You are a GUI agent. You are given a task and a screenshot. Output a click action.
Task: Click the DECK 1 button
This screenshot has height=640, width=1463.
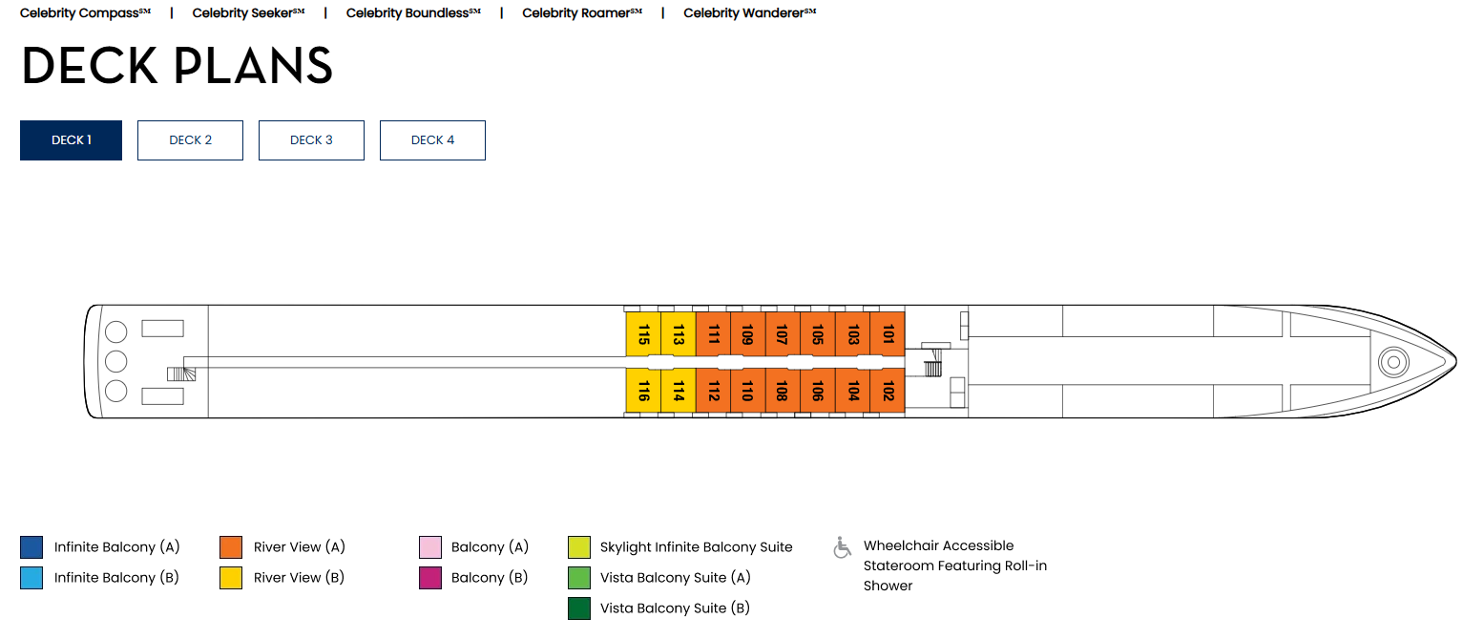point(71,140)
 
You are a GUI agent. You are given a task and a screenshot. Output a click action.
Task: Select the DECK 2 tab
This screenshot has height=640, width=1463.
point(190,140)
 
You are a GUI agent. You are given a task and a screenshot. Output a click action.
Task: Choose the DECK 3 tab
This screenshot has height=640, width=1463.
point(311,140)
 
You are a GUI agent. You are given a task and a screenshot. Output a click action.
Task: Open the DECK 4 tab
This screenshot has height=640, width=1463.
point(432,140)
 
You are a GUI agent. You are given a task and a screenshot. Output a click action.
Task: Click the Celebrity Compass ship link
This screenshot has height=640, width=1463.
point(85,13)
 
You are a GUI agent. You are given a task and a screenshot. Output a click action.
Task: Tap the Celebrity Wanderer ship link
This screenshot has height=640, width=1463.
point(749,13)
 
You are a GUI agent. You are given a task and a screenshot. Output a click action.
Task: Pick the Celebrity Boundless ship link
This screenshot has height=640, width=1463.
point(413,13)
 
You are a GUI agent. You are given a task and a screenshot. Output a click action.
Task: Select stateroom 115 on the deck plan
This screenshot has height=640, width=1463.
point(643,334)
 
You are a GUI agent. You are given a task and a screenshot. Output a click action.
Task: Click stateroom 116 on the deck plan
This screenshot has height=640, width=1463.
point(643,391)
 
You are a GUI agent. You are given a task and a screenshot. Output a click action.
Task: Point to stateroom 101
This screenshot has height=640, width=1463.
point(888,334)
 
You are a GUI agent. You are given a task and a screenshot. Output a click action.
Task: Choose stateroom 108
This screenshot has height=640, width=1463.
point(782,391)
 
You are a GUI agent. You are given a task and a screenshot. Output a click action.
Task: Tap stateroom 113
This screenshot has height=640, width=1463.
point(678,334)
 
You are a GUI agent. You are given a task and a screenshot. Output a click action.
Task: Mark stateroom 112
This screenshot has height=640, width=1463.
point(713,391)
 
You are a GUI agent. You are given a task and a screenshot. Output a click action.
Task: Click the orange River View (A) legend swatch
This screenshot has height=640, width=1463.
point(231,547)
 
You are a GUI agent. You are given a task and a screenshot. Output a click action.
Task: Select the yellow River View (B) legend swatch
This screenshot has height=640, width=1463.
point(231,578)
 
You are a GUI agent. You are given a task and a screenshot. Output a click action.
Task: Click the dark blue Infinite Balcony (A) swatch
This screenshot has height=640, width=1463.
point(31,547)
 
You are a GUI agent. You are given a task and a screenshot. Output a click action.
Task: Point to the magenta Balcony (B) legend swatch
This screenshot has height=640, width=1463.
point(430,578)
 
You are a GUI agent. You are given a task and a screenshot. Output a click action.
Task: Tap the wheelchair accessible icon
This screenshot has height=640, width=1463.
point(843,547)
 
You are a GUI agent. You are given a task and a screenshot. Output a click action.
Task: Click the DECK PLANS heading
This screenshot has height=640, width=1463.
point(177,67)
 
